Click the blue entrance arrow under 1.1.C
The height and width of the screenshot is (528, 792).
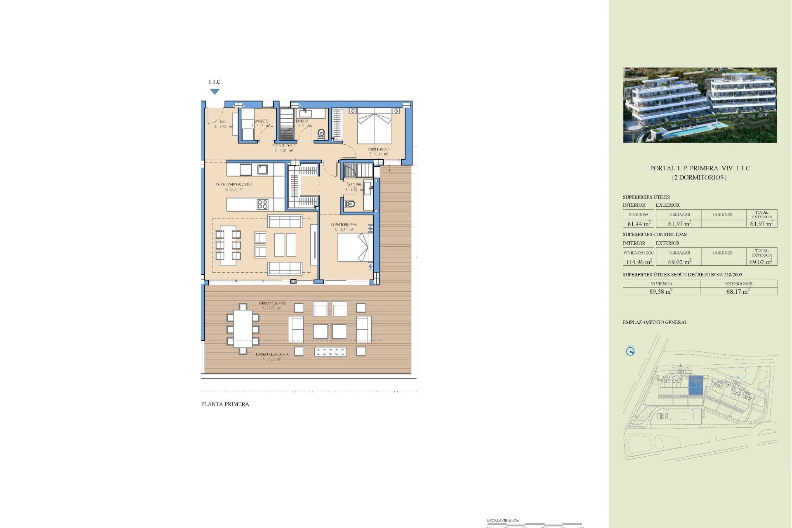[x=214, y=92]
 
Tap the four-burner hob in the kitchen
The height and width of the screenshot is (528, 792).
[x=262, y=204]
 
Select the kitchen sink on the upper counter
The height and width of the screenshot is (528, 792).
[x=262, y=169]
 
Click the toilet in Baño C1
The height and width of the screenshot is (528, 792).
[x=321, y=134]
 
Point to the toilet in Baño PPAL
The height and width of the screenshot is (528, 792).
[x=349, y=204]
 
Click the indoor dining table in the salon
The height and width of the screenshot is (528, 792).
[x=228, y=245]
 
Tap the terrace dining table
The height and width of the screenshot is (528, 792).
[x=243, y=329]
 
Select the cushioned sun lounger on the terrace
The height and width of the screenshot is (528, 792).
[x=330, y=352]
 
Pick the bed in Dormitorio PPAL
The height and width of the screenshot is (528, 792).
[x=353, y=247]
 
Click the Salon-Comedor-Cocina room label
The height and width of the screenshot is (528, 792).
[x=234, y=185]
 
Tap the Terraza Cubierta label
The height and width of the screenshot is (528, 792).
[x=272, y=304]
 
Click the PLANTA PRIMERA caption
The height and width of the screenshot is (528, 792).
[x=225, y=404]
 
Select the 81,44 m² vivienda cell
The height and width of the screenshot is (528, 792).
[x=639, y=224]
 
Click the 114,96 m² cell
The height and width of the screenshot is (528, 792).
[x=639, y=262]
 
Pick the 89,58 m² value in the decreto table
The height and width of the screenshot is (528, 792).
[x=661, y=291]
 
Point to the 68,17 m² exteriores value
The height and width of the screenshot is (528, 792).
[x=738, y=291]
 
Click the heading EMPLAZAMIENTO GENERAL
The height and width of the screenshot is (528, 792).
[x=655, y=322]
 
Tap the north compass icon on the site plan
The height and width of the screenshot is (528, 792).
[x=630, y=351]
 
